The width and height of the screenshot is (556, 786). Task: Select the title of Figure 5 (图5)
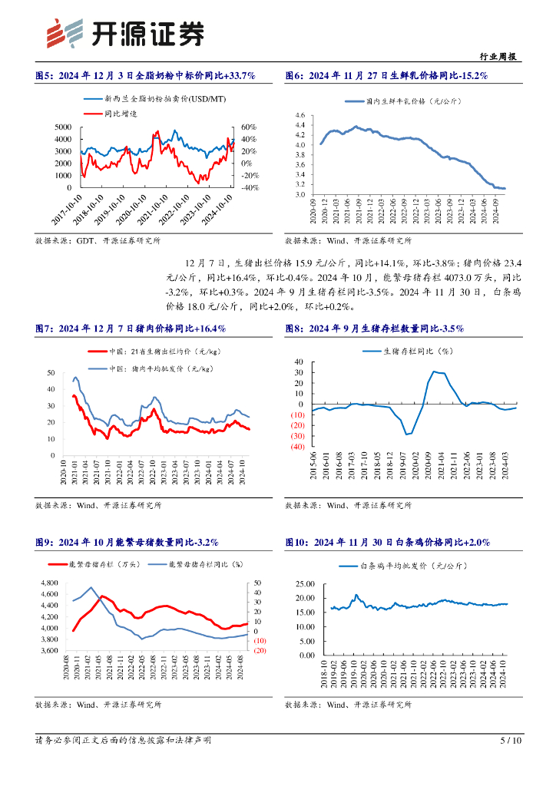(145, 75)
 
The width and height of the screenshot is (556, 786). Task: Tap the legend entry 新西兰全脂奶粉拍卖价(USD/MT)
(165, 99)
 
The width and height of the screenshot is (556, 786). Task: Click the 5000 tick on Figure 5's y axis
(64, 127)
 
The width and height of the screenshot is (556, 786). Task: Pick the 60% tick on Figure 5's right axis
(247, 127)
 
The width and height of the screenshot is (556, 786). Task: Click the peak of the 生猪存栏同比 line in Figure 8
(435, 372)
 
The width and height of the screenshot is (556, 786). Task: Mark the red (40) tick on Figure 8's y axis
(296, 447)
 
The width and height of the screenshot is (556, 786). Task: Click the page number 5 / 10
(511, 741)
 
